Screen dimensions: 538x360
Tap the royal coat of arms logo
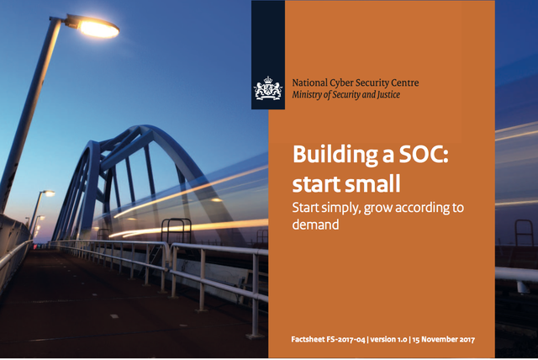(267, 88)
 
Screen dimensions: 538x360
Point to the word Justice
(388, 95)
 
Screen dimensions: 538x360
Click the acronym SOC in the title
(424, 155)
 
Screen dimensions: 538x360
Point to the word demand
(316, 225)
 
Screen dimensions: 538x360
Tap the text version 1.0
(388, 340)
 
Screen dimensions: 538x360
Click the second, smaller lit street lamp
(48, 193)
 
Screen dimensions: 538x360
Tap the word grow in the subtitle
(377, 209)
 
